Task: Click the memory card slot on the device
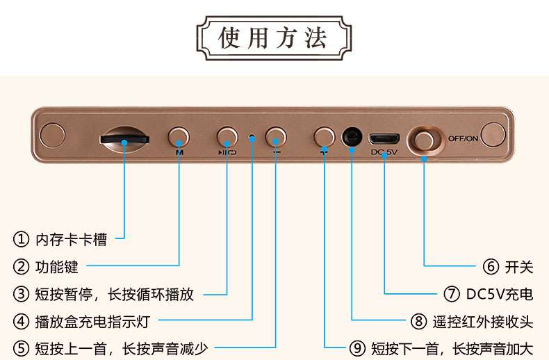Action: coord(124,137)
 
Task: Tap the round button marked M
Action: coord(179,135)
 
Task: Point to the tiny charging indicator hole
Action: coord(252,138)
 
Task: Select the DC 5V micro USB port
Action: coord(384,137)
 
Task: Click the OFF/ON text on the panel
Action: coord(463,138)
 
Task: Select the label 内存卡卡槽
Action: coord(72,240)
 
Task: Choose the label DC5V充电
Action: coord(499,294)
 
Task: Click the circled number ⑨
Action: coord(356,348)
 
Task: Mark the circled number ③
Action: coord(22,294)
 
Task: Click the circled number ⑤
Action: coord(22,348)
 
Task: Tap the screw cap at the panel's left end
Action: coord(52,135)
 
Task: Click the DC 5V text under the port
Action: coord(384,152)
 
